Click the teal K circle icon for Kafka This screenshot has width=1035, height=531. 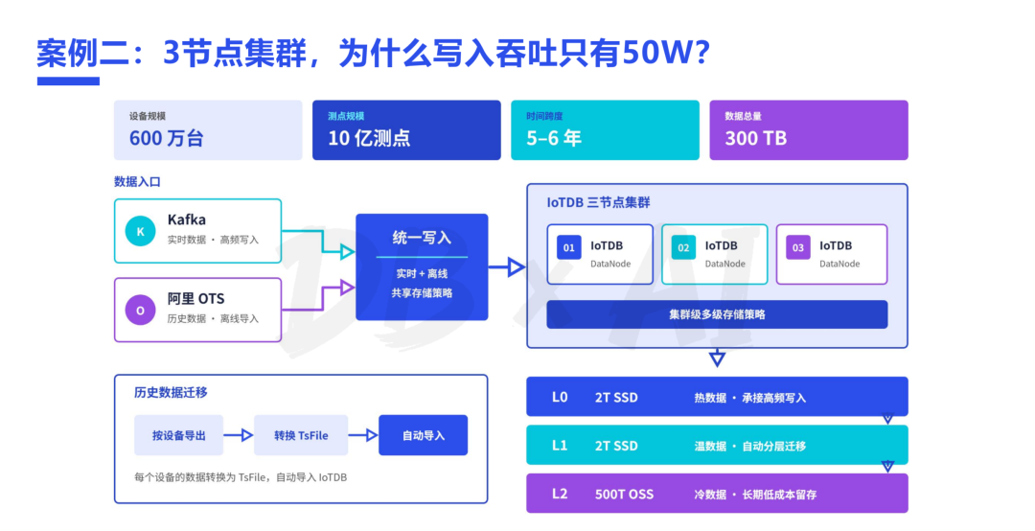(x=140, y=231)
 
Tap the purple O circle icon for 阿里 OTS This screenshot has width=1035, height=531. (x=140, y=310)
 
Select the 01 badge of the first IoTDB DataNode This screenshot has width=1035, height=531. (x=569, y=247)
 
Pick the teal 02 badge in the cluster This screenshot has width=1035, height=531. (x=683, y=247)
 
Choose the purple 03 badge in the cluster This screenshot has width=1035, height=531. (x=798, y=247)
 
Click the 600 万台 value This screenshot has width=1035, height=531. (x=167, y=138)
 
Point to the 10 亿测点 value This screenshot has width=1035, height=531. (x=369, y=138)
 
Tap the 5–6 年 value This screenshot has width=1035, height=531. (x=554, y=138)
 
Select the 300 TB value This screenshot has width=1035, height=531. (x=756, y=138)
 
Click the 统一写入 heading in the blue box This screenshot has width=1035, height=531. (x=422, y=238)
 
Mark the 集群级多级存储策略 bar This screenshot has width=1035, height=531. (x=717, y=314)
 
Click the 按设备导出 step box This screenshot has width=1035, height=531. (x=179, y=435)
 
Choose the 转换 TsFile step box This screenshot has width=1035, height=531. (x=301, y=435)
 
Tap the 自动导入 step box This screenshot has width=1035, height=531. (x=424, y=435)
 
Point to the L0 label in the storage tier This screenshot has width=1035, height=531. (x=560, y=397)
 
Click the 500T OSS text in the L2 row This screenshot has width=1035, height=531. (x=625, y=494)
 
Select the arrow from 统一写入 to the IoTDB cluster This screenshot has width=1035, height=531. (x=507, y=267)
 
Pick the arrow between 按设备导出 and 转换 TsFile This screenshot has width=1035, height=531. (x=239, y=435)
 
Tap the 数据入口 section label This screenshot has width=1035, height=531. (x=137, y=181)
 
